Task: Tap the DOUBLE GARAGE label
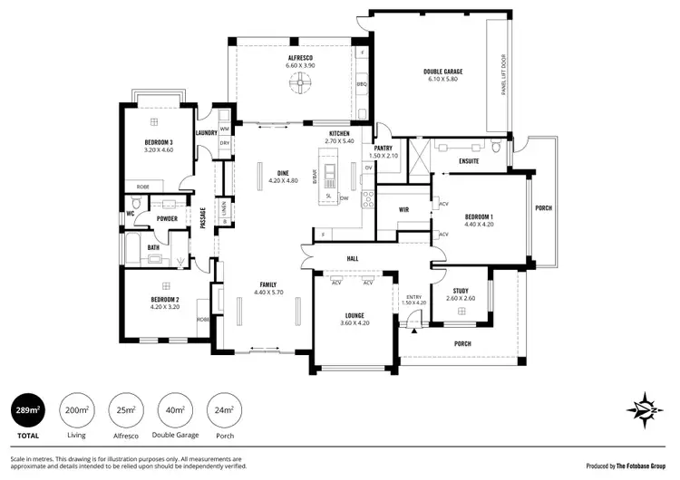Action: [442, 72]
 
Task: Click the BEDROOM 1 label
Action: [479, 216]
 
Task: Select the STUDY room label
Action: [461, 291]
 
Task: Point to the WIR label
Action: [404, 209]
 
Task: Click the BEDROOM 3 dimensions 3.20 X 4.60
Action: [159, 150]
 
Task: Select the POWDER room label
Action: [166, 218]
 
